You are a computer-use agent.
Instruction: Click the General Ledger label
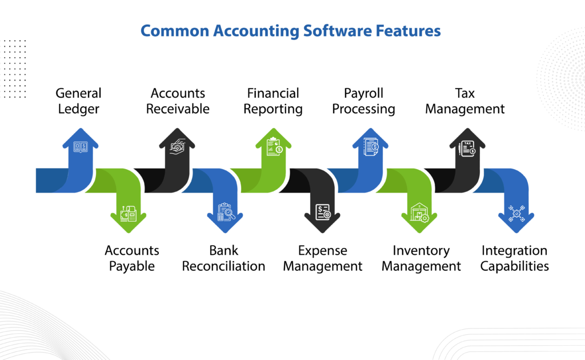click(78, 101)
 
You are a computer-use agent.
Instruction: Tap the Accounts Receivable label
click(178, 101)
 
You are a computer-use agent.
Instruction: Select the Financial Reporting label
click(273, 101)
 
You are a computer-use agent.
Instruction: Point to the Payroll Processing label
click(363, 101)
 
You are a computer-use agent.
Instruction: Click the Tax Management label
click(464, 101)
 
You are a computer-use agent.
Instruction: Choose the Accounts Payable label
click(132, 258)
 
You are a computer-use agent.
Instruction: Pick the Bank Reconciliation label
click(223, 258)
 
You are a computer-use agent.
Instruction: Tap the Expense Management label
click(322, 258)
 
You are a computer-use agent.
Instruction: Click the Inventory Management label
click(421, 258)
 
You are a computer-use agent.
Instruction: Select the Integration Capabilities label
click(514, 258)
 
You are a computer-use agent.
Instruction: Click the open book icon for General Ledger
click(81, 147)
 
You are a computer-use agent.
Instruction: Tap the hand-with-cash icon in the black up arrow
click(177, 146)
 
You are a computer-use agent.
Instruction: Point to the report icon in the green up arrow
click(274, 147)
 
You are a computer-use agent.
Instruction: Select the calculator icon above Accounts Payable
click(128, 214)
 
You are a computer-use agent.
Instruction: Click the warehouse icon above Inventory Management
click(419, 213)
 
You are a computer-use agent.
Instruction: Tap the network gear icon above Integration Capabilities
click(516, 213)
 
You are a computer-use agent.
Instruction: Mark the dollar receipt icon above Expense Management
click(323, 213)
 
